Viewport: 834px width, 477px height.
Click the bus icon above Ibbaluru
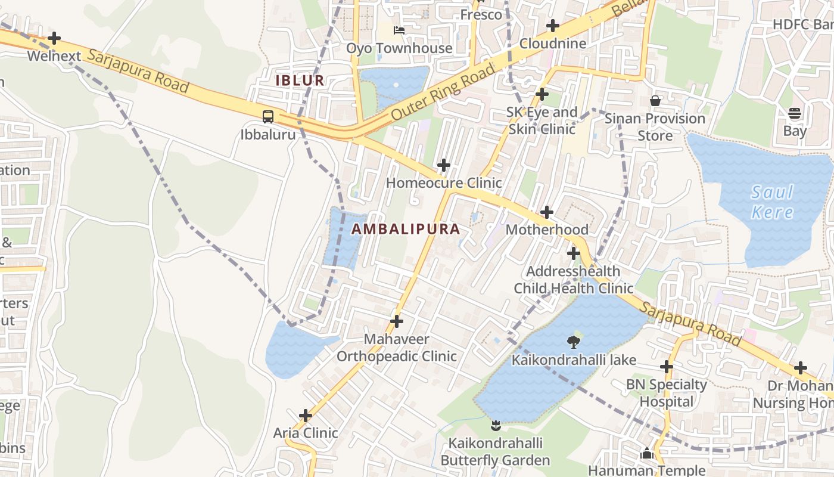pyautogui.click(x=268, y=117)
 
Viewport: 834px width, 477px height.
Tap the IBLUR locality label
pyautogui.click(x=300, y=80)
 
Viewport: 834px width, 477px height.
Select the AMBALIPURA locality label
pyautogui.click(x=406, y=229)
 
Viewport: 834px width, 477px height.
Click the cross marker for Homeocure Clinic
pyautogui.click(x=444, y=165)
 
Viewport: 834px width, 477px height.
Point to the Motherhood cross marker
pyautogui.click(x=547, y=212)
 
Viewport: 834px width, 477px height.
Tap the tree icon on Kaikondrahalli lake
pyautogui.click(x=574, y=342)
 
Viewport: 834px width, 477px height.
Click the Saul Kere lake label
pyautogui.click(x=772, y=202)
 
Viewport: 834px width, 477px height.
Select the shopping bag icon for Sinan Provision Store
pyautogui.click(x=655, y=101)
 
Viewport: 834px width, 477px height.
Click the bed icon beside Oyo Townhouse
pyautogui.click(x=399, y=30)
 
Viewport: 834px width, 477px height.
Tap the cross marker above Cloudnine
pyautogui.click(x=553, y=26)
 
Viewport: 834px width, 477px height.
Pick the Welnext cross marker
pyautogui.click(x=54, y=39)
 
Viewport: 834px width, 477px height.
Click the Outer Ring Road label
pyautogui.click(x=443, y=92)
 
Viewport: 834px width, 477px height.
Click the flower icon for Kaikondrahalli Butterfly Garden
pyautogui.click(x=495, y=425)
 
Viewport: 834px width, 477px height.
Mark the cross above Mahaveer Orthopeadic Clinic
pyautogui.click(x=397, y=322)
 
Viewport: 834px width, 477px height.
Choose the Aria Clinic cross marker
pyautogui.click(x=306, y=416)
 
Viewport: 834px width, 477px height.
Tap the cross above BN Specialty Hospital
pyautogui.click(x=667, y=367)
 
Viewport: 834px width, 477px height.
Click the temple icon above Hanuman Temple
pyautogui.click(x=647, y=454)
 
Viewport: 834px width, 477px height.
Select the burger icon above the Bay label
pyautogui.click(x=795, y=113)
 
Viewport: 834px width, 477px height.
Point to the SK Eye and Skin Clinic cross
pyautogui.click(x=542, y=94)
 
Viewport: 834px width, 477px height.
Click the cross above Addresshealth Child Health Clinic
pyautogui.click(x=574, y=254)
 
